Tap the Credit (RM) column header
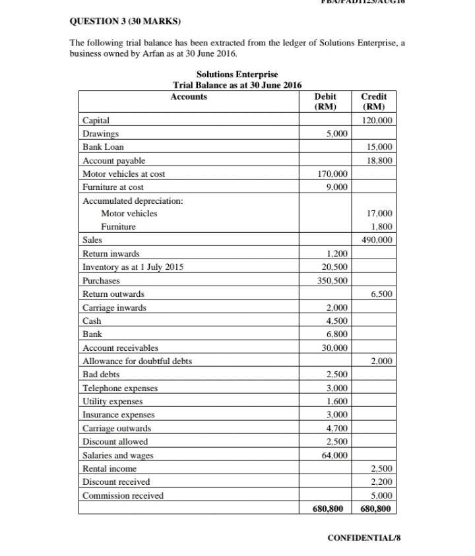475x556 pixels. point(374,102)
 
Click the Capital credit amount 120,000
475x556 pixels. point(377,121)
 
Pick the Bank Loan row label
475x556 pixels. point(103,147)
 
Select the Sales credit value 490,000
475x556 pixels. point(377,240)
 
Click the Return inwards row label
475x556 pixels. point(111,254)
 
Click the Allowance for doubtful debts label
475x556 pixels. point(137,361)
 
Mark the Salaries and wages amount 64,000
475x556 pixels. point(334,455)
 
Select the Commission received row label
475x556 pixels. point(123,495)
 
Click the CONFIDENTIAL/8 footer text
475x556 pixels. point(364,538)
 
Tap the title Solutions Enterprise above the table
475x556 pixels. point(237,75)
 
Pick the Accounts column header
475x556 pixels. point(189,97)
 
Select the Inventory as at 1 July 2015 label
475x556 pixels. point(133,267)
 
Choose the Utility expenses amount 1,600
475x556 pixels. point(336,401)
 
